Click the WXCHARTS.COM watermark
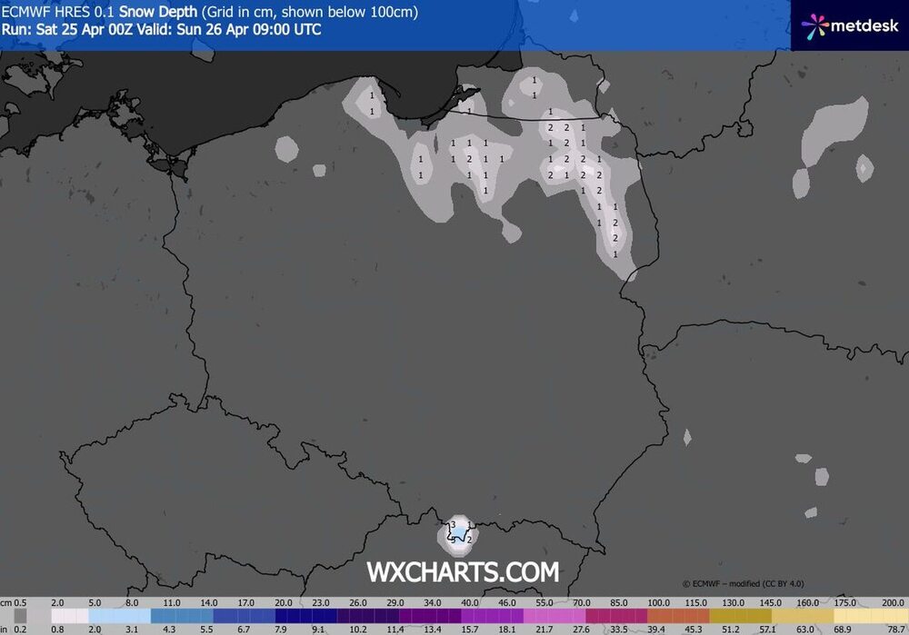(x=463, y=571)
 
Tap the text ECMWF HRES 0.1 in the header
(x=58, y=12)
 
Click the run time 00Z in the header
(x=119, y=29)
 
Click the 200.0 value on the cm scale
(x=894, y=602)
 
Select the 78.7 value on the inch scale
(x=894, y=628)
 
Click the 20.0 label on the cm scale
(x=285, y=602)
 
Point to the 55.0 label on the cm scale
(x=543, y=602)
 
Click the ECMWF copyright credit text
(x=743, y=583)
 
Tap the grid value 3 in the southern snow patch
(x=453, y=525)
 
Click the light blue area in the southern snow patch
(x=461, y=531)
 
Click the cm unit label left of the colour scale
(x=6, y=602)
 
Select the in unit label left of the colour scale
(x=5, y=628)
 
